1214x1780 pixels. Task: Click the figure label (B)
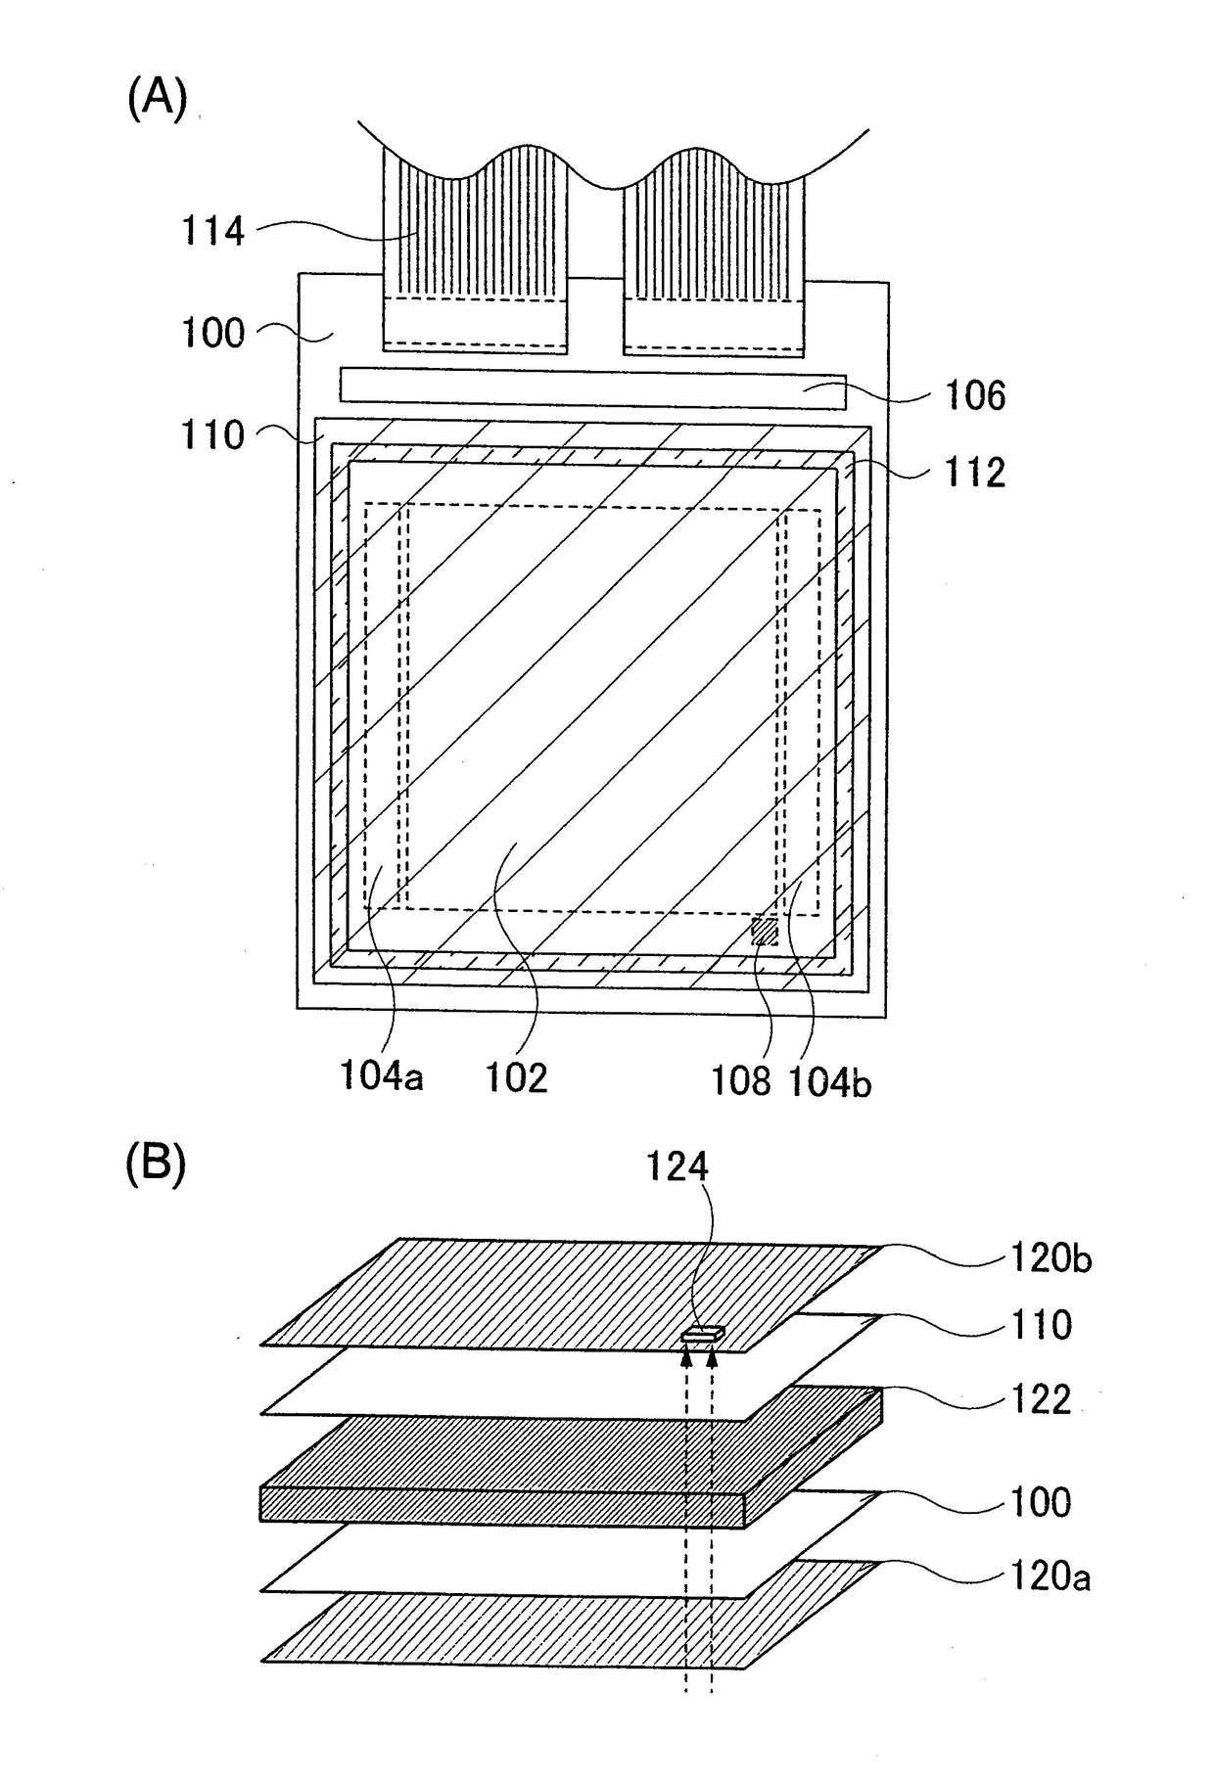click(157, 1165)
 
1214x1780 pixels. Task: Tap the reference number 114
click(212, 232)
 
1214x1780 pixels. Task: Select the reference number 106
click(975, 395)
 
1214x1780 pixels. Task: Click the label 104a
click(382, 1076)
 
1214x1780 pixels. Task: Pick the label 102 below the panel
click(517, 1077)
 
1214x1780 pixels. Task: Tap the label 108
click(741, 1080)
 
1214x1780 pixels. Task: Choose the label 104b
click(829, 1082)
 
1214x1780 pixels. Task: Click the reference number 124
click(677, 1166)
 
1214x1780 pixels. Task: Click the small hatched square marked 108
click(765, 931)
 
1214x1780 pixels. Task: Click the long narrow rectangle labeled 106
click(592, 386)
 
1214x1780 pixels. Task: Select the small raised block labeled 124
click(703, 1332)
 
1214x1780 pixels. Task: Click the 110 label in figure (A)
click(212, 435)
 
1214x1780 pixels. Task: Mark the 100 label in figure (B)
click(1040, 1501)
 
